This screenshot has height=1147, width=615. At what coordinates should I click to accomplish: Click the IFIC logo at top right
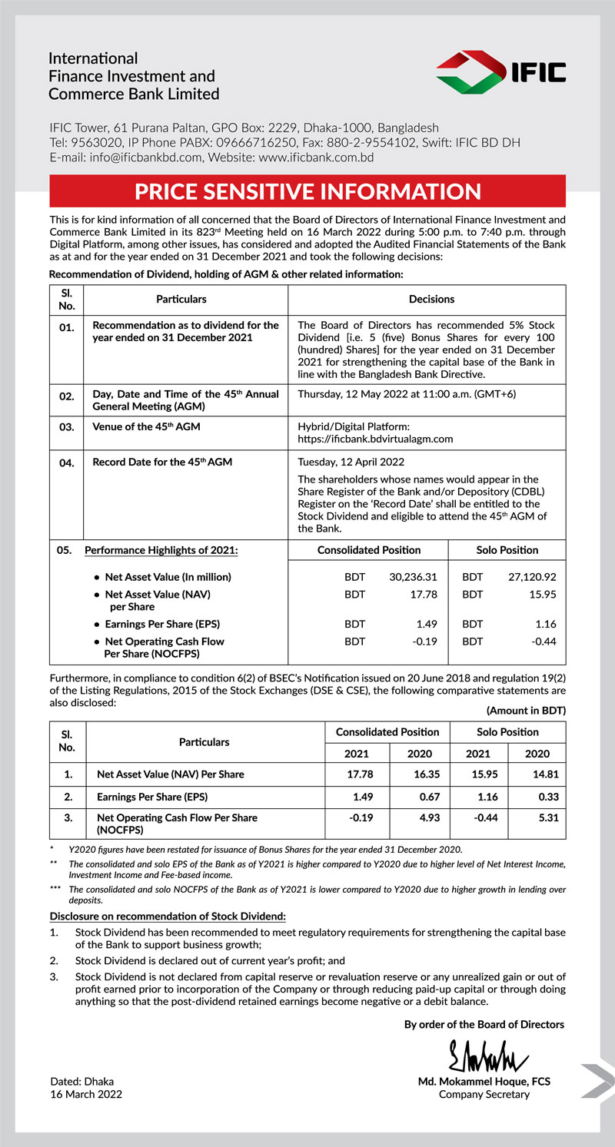point(500,71)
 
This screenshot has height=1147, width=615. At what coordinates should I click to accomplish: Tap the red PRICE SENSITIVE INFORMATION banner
point(307,191)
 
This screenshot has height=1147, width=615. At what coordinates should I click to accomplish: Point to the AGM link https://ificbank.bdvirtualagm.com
point(375,439)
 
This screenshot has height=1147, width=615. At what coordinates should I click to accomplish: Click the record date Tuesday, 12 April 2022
point(351,462)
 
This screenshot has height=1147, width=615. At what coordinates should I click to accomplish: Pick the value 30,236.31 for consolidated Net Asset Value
point(414,576)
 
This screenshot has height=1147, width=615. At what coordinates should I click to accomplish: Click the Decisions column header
point(431,299)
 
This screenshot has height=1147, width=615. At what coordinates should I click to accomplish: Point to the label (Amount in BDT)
point(526,711)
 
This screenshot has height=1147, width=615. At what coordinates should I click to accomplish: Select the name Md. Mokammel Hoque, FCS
point(484,1081)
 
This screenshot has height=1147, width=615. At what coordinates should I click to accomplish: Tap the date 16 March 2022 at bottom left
point(85,1094)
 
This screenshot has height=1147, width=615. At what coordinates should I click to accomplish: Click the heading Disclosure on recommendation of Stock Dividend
point(168,916)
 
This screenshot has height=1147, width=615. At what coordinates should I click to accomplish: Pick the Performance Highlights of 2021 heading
point(161,550)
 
